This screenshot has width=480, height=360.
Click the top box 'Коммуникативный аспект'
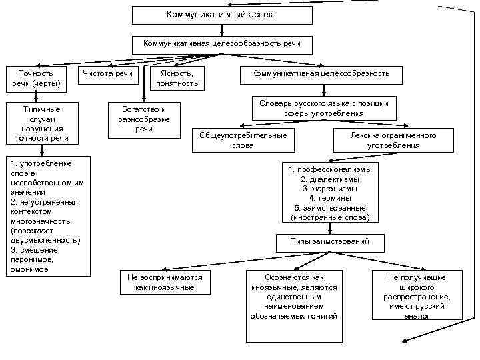[221, 15]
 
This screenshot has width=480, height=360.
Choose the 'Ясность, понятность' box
[177, 78]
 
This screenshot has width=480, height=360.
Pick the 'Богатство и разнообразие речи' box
[144, 119]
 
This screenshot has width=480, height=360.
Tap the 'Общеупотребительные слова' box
[243, 140]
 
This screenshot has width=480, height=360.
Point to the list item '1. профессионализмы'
[331, 169]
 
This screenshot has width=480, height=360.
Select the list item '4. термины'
[331, 198]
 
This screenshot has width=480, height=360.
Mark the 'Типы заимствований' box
[330, 241]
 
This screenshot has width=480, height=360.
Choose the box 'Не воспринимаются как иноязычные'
[164, 282]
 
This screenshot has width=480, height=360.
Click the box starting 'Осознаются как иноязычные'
[294, 296]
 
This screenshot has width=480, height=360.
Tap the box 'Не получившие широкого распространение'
[417, 296]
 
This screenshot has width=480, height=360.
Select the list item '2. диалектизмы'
[331, 179]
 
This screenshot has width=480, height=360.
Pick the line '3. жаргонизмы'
[331, 189]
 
